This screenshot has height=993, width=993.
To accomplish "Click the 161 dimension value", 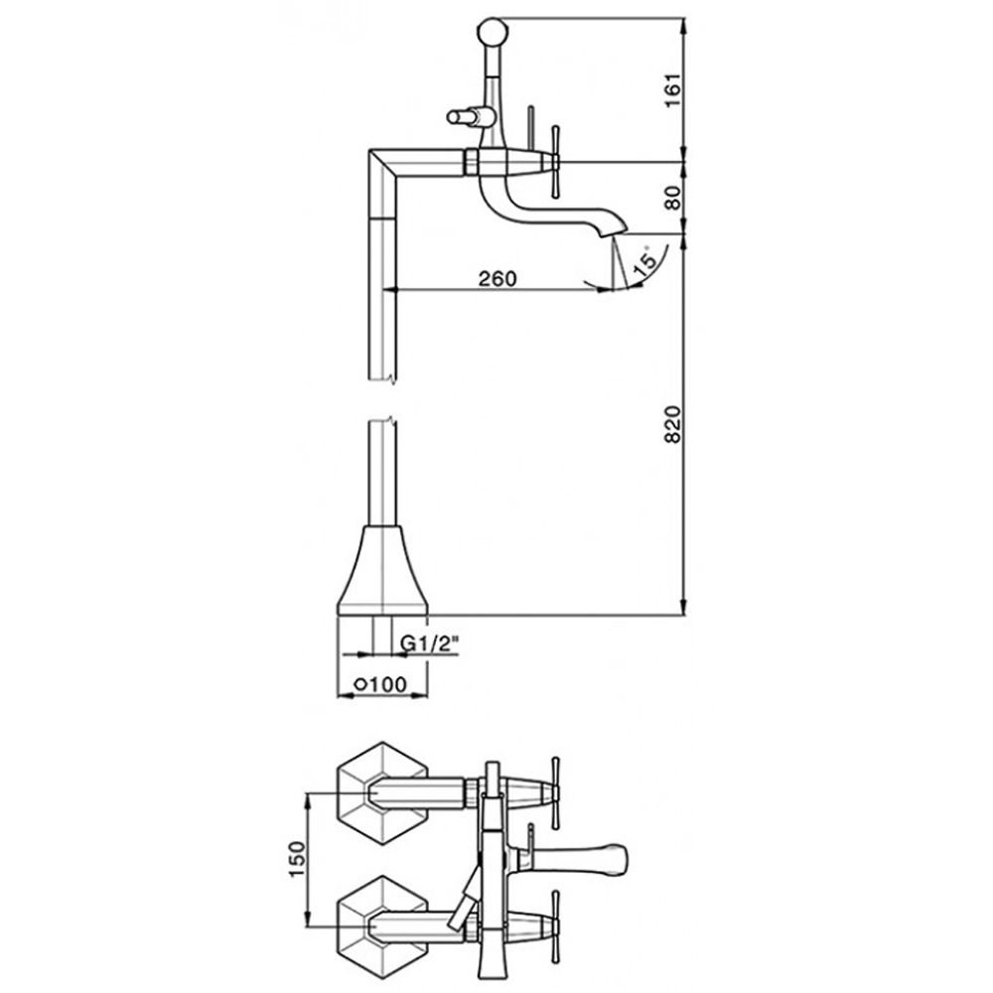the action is tap(673, 90).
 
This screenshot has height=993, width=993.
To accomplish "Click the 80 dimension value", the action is tap(673, 198).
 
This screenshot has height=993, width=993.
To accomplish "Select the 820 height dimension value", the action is tap(673, 424).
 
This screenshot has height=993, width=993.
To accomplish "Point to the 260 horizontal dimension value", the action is tap(497, 278).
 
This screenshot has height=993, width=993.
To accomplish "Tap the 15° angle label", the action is tap(645, 259).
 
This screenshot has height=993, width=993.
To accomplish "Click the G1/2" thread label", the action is tap(429, 644).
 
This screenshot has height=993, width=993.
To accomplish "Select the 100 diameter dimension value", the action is tap(386, 684).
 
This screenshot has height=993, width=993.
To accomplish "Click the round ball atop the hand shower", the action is tap(493, 32).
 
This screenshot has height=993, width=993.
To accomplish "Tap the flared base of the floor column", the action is tap(382, 570).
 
